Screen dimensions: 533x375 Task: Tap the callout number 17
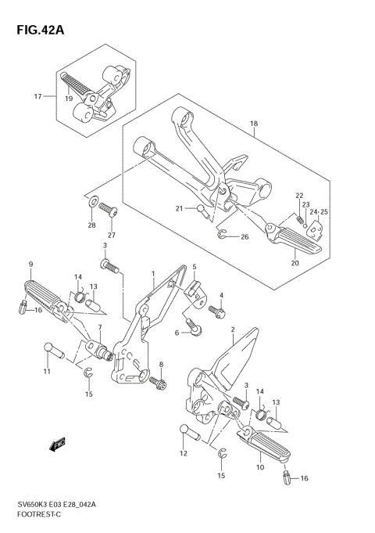click(x=37, y=97)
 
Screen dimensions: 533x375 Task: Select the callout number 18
click(x=253, y=124)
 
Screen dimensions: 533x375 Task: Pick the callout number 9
click(x=30, y=264)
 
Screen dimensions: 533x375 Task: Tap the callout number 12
click(x=184, y=454)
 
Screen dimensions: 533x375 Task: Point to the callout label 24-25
click(x=320, y=211)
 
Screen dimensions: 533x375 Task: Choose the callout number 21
click(x=179, y=208)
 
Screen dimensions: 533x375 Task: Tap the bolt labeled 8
click(x=160, y=384)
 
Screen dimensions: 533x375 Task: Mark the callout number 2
click(x=233, y=330)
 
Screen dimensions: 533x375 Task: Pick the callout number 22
click(x=299, y=195)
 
